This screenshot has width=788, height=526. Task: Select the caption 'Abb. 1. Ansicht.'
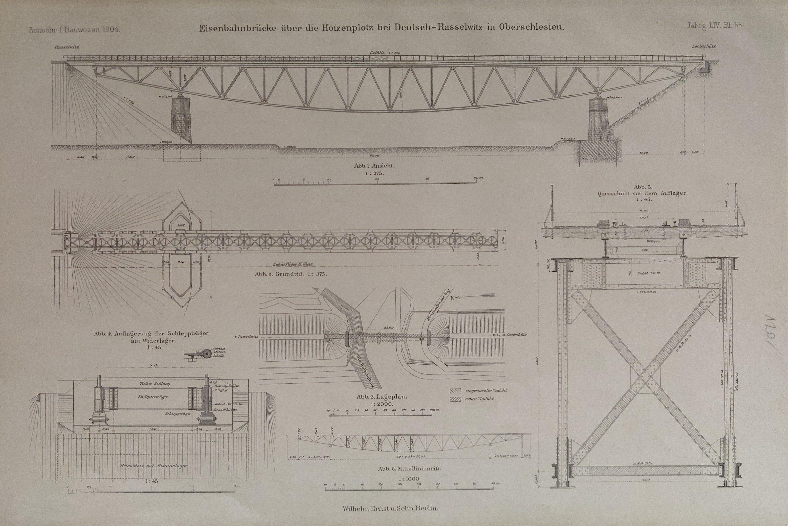[374, 165]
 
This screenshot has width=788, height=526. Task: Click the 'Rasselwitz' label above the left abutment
[66, 47]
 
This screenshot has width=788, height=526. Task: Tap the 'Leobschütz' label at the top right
[704, 46]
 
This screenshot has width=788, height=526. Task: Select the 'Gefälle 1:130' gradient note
[385, 53]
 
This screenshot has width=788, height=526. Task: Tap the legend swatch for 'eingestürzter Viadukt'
[455, 391]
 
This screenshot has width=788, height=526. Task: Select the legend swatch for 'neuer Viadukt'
[455, 399]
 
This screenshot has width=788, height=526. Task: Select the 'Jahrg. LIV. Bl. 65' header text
[714, 25]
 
